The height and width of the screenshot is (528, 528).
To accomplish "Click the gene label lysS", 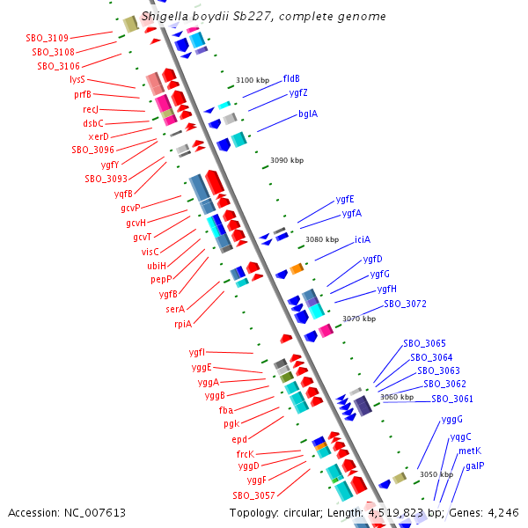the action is coord(77,80).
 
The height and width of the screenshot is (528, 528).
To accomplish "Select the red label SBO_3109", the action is coord(48,38).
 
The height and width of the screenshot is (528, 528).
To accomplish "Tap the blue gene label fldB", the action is coord(291,78).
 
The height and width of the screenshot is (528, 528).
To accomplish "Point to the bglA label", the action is coord(308,114).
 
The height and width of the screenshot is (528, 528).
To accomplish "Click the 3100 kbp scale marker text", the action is coord(253,80).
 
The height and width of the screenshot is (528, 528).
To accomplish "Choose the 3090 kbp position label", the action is coord(287,160).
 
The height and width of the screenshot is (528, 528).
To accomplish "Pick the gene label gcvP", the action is coord(130,208).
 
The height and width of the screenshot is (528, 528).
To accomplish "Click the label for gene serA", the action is coord(175,309).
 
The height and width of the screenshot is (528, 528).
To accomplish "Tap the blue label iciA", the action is coord(363,239).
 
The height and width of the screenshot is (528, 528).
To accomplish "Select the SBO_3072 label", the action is coord(405,304).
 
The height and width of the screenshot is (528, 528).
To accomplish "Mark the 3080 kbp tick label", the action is coord(322,239).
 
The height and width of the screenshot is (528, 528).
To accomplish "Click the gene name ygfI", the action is coord(197,353).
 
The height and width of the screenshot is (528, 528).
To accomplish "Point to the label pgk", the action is coord(231,423).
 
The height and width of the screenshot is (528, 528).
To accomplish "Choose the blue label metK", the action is coord(470,451).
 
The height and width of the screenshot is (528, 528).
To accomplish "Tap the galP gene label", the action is coord(475,466).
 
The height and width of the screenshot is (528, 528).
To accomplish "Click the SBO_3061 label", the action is coord(452,399).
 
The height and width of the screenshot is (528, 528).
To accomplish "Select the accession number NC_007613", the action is coord(95,513).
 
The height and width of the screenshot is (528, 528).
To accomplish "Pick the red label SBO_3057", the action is coord(254,495).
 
